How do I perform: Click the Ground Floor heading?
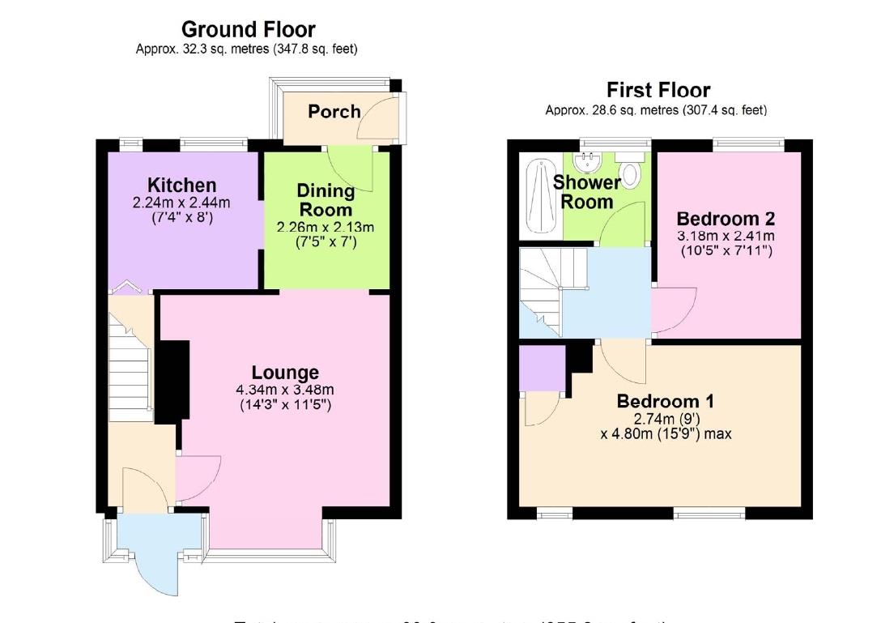pyautogui.click(x=248, y=30)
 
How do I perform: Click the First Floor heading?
pyautogui.click(x=658, y=89)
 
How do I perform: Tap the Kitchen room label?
pyautogui.click(x=181, y=186)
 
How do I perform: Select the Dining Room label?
pyautogui.click(x=326, y=200)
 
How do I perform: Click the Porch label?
pyautogui.click(x=334, y=111)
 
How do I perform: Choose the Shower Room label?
pyautogui.click(x=587, y=192)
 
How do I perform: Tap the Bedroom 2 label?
pyautogui.click(x=726, y=219)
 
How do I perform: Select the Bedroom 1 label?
pyautogui.click(x=666, y=402)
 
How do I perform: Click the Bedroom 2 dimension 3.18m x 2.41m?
pyautogui.click(x=726, y=236)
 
